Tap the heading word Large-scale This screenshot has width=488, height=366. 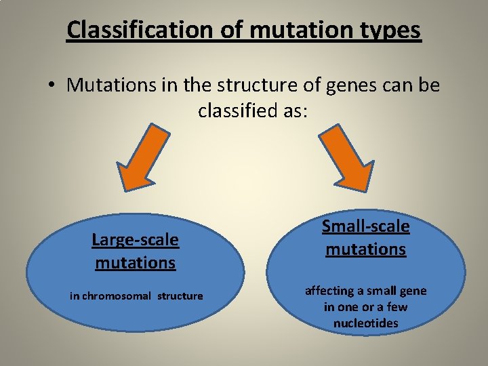point(136,240)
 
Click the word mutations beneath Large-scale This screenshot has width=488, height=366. point(136,262)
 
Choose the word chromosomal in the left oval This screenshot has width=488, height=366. point(117,296)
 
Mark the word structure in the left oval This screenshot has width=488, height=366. point(180,296)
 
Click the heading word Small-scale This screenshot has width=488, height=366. point(365,226)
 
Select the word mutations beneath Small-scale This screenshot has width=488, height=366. point(365,249)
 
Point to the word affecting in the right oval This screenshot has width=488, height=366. point(329,291)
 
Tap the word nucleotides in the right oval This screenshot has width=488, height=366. point(365,323)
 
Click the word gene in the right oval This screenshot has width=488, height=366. point(413,291)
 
